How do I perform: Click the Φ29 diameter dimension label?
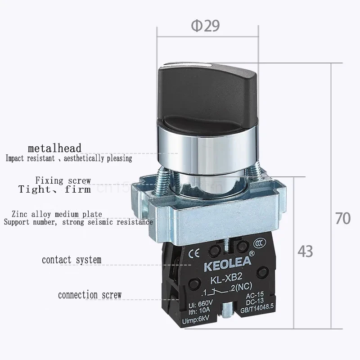(206, 26)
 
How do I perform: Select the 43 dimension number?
(305, 251)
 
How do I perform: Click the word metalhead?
(54, 148)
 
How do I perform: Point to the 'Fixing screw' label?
(63, 180)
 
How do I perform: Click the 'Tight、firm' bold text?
(54, 189)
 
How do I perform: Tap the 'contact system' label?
(72, 260)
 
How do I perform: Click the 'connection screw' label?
(90, 295)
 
